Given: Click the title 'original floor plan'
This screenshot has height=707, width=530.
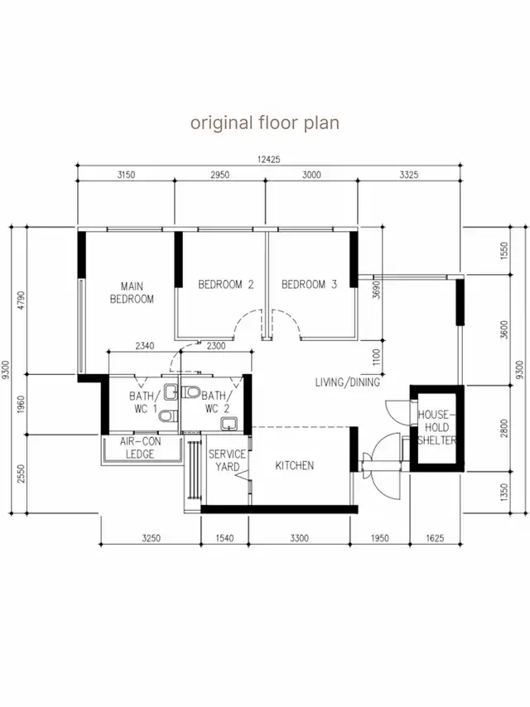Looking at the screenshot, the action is pos(265,123).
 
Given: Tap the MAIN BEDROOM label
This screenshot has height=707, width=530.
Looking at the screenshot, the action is pos(132,292).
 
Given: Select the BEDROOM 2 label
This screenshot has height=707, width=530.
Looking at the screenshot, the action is pos(226,285).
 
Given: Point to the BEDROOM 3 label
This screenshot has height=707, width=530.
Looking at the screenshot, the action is pos(310,285).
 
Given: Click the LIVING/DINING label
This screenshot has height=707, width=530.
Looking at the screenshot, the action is pos(347,382).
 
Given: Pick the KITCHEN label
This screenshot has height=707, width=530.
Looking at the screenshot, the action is pos(295,465).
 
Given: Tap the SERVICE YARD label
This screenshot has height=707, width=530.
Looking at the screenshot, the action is pos(228,460).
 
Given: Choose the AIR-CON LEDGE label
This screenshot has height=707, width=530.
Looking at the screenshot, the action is pos(140,448).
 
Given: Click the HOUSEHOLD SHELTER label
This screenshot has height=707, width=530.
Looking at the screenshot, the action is pos(436,427).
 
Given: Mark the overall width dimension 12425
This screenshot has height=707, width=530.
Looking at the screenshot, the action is pos(269,159).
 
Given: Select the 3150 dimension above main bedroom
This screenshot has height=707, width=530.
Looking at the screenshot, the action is pos(127,175).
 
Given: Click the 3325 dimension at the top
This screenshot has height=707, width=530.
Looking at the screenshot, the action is pos(409,175).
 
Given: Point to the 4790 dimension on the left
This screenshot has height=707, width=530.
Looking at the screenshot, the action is pos(22,301).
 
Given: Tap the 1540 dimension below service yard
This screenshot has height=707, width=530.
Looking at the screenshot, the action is pos(224,538).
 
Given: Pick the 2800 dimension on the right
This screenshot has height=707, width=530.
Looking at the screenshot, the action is pos(504,428).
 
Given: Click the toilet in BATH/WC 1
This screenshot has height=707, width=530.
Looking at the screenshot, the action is pos(167,416).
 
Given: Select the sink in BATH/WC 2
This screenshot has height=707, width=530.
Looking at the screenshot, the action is pos(229,424).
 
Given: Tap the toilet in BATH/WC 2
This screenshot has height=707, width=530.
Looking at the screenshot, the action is pos(190,392).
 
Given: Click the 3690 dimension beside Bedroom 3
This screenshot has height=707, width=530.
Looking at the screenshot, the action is pos(377,290).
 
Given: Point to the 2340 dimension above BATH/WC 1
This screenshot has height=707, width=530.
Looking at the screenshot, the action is pos(145,346).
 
